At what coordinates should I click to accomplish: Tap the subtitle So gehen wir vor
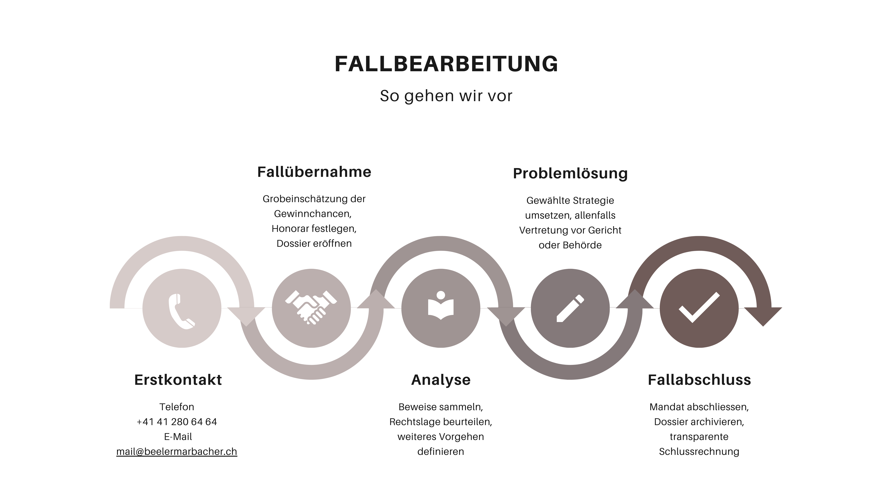(x=446, y=96)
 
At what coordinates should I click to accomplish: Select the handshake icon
(x=311, y=307)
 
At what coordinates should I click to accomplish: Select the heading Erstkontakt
(x=178, y=380)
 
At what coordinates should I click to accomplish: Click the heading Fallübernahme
(x=314, y=172)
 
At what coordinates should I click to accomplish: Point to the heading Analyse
(x=440, y=380)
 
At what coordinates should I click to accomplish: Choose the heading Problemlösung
(x=570, y=173)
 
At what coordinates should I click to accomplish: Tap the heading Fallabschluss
(x=699, y=380)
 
